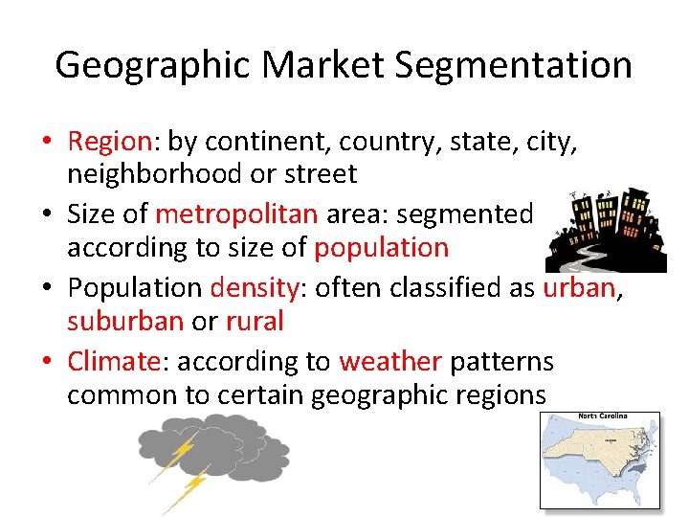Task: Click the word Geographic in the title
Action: pos(153,65)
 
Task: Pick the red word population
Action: pos(381,248)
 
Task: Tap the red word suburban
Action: pos(125,321)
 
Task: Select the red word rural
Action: pos(255,321)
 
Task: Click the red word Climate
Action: pos(112,361)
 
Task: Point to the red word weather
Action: pos(389,361)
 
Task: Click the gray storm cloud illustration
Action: pos(215,450)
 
